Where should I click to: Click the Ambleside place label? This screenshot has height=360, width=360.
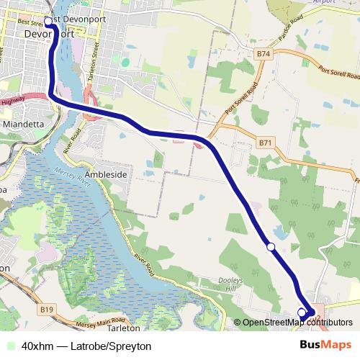106,175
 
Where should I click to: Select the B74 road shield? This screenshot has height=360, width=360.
264,54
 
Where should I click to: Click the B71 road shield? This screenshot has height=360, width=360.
265,143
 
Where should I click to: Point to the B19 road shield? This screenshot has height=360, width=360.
47,310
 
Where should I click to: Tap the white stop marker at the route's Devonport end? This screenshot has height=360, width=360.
49,22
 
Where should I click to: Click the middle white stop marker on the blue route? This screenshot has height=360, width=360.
271,247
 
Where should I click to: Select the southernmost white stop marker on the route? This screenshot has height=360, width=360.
302,312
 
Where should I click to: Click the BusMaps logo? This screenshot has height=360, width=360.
325,345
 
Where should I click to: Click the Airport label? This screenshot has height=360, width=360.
325,2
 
